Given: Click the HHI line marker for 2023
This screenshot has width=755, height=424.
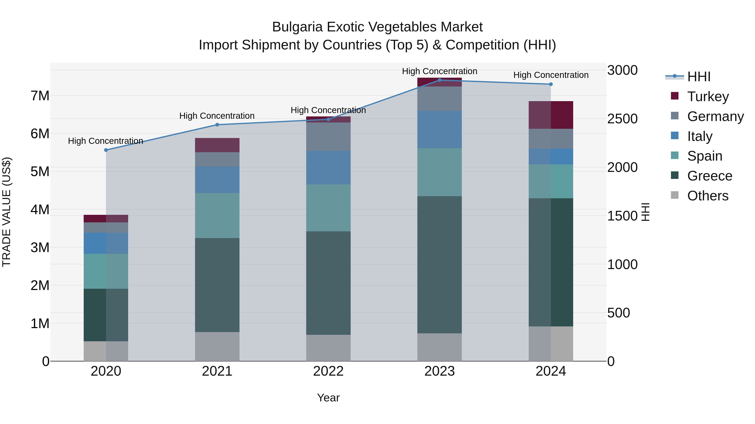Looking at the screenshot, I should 439,80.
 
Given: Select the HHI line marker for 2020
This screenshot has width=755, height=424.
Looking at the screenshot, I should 106,150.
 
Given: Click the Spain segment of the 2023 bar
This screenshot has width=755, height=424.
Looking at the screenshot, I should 439,172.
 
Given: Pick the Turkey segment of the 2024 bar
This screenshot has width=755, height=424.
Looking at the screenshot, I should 551,115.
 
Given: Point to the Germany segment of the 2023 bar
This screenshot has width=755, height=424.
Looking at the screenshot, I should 439,99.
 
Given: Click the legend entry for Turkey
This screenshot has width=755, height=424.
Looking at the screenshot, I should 708,96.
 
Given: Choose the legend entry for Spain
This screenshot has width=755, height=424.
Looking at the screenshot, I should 705,156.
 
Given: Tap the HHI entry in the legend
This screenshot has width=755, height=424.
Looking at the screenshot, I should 699,77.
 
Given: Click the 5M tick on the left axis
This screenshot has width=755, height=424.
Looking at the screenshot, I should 40,171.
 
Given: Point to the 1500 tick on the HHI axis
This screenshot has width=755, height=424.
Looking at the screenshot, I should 622,216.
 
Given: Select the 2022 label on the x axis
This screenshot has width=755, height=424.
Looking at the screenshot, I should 328,371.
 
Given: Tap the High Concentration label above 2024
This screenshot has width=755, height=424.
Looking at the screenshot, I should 551,75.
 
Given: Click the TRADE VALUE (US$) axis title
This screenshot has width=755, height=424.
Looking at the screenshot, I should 7,212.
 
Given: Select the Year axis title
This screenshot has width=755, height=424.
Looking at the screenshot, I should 328,398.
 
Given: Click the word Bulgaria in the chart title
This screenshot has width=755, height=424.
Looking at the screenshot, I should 297,27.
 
